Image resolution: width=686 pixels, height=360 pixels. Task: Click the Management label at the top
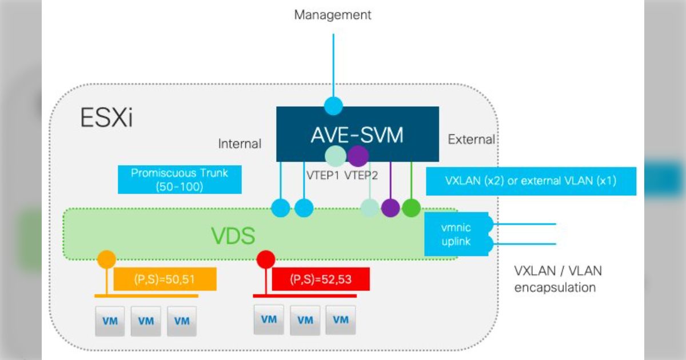point(333,15)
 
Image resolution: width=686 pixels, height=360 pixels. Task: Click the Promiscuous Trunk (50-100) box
point(180,179)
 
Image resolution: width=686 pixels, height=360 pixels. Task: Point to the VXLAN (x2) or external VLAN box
point(531,181)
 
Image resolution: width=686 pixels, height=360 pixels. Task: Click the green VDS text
point(233,235)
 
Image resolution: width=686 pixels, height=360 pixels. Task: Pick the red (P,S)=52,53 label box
point(321,279)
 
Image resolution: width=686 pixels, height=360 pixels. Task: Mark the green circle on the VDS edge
point(411,207)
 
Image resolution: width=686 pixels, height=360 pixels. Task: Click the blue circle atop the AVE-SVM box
point(333,106)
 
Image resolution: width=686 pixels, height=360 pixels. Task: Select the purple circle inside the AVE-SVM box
point(358,155)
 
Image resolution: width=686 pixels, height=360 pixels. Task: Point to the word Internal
point(240,144)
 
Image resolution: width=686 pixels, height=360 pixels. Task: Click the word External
point(472,139)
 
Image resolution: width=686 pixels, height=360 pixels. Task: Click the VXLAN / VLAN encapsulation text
point(558,279)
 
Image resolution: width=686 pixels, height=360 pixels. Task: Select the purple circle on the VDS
point(390,207)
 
